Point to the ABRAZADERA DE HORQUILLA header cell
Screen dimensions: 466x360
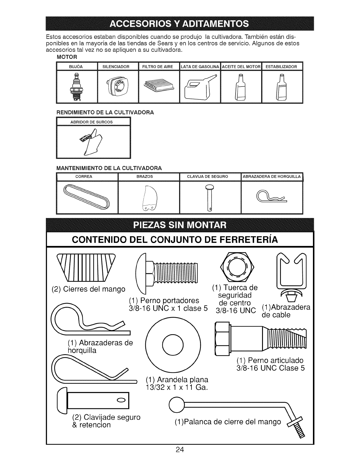[x=271, y=177]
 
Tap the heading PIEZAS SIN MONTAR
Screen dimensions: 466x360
[x=180, y=226]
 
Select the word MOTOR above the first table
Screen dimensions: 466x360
[x=67, y=57]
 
